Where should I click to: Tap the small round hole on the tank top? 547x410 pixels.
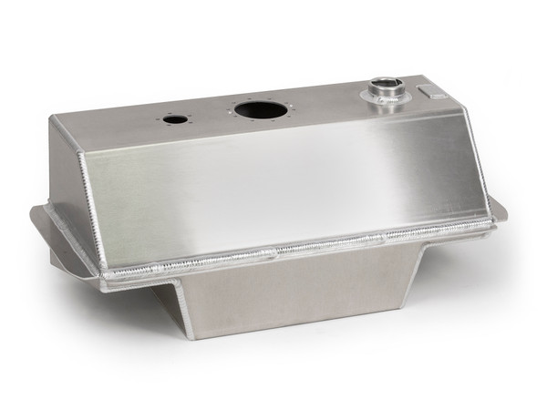pos(175,119)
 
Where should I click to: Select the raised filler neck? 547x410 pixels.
pos(385,93)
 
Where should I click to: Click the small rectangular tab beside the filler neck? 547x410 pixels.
pos(428,91)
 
